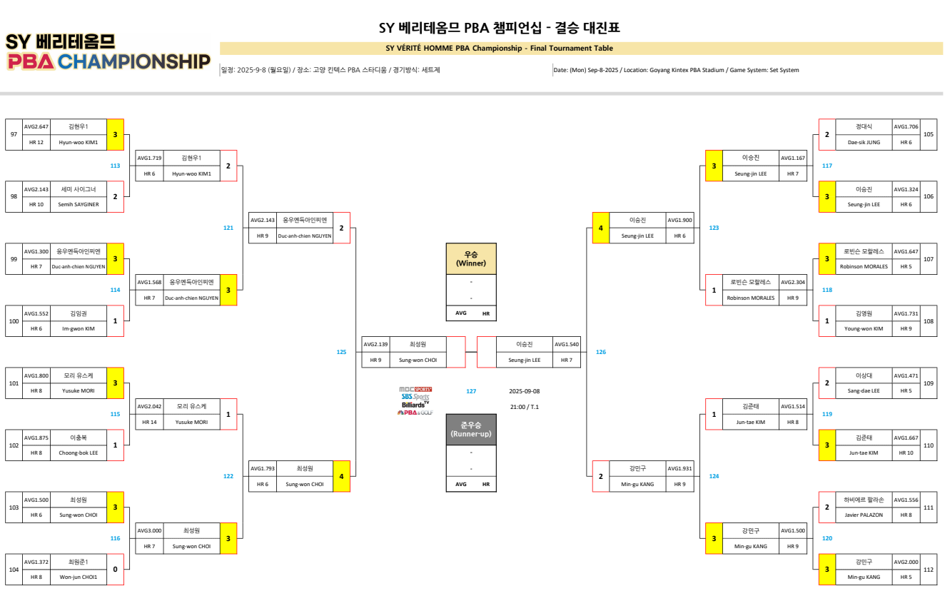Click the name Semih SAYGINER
[x=79, y=205]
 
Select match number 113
[x=115, y=166]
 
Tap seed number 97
[x=14, y=134]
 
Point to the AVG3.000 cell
[x=149, y=530]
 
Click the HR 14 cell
[x=149, y=422]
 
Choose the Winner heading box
[x=471, y=258]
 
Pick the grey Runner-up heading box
[x=471, y=429]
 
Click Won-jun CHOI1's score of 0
[x=115, y=569]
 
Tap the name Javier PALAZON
[x=864, y=515]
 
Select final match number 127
[x=471, y=391]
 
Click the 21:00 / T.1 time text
[x=525, y=407]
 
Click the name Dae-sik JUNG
[x=864, y=142]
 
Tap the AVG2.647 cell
[x=36, y=126]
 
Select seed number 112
[x=928, y=569]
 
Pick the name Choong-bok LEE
[x=79, y=453]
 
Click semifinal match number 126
[x=601, y=352]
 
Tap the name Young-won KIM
[x=864, y=328]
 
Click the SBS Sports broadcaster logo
[x=415, y=396]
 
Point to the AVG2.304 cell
[x=793, y=282]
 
